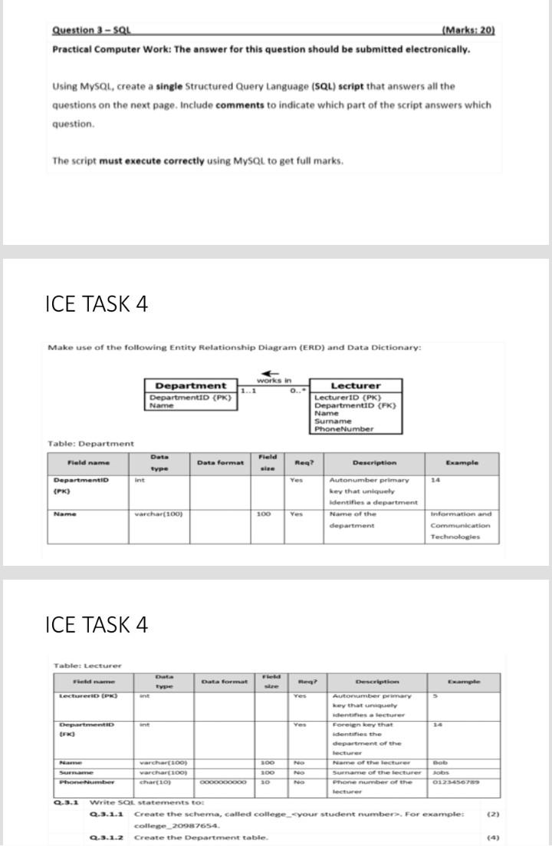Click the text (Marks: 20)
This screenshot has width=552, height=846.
469,31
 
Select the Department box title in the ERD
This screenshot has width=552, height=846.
191,385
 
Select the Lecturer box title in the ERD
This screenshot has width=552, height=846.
356,385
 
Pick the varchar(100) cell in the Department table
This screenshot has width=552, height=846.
158,514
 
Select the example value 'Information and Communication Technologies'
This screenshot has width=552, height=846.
460,526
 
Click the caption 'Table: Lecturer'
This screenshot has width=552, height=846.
87,665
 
